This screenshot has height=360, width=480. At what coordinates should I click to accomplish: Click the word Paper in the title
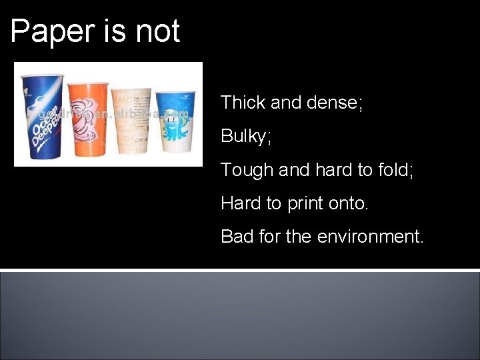point(50,32)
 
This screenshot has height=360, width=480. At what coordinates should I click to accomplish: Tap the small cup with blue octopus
point(174,123)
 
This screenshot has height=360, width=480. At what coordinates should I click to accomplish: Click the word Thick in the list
point(243,103)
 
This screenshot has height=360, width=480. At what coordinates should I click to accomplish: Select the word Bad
point(237,236)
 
